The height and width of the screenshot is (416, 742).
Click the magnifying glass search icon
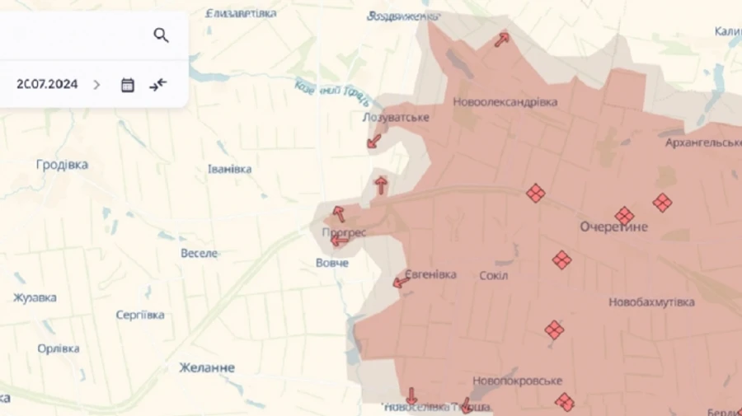tap(161, 35)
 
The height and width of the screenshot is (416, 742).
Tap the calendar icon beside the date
tap(128, 84)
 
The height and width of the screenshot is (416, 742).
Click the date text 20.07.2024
tap(47, 84)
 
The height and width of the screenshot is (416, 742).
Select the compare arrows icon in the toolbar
tap(158, 84)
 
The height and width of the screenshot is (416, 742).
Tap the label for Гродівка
tap(62, 165)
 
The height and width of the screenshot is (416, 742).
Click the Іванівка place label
tap(230, 169)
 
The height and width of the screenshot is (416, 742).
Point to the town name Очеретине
tap(613, 227)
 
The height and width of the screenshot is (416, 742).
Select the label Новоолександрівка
tap(505, 102)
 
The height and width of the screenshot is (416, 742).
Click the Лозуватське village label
tap(396, 118)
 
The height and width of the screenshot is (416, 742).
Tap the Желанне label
tap(207, 367)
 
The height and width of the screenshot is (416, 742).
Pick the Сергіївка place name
tap(140, 315)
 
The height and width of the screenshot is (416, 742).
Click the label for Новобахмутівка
tap(651, 302)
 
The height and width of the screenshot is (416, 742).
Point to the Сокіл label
tap(493, 275)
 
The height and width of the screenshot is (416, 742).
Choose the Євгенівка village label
tap(430, 275)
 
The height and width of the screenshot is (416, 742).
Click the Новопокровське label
tap(517, 381)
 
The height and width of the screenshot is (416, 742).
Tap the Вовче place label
tap(332, 263)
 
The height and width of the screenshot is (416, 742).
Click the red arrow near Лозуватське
tap(374, 141)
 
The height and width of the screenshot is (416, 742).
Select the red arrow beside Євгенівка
tap(402, 283)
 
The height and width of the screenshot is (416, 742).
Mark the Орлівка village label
tap(59, 348)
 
